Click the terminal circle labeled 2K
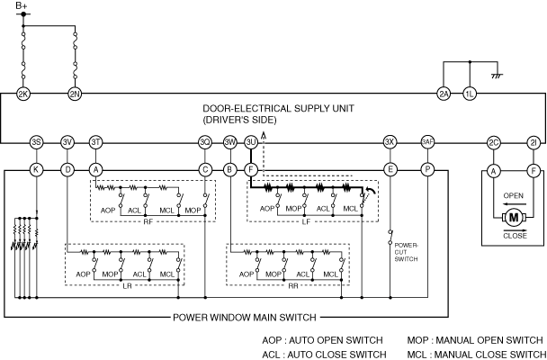(24, 93)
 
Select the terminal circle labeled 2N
(75, 93)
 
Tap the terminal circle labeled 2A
(444, 93)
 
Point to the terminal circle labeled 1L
(469, 93)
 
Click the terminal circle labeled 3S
(36, 142)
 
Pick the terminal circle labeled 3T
(95, 142)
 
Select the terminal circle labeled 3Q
(205, 142)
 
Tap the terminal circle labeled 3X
(390, 142)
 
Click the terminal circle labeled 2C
(493, 142)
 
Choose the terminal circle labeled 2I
(534, 142)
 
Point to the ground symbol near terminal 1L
(495, 77)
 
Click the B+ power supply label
(22, 7)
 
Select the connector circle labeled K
(36, 168)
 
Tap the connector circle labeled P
(427, 168)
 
